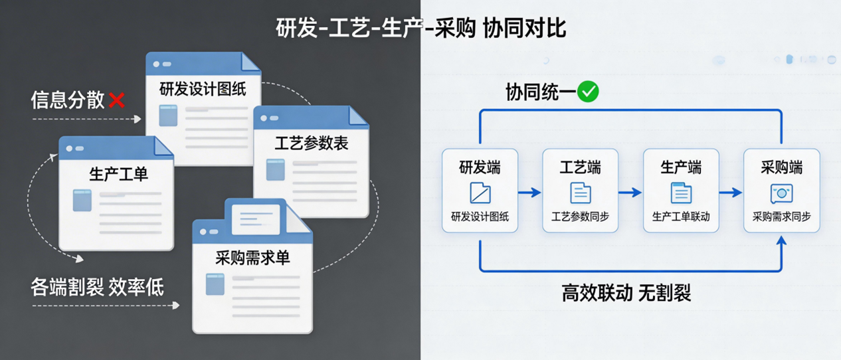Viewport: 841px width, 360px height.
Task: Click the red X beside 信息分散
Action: click(x=117, y=100)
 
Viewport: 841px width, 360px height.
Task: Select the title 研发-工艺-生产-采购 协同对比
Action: click(x=420, y=29)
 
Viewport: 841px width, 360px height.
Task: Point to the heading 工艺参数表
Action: click(x=311, y=143)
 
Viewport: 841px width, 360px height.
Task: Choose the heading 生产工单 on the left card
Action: click(x=118, y=174)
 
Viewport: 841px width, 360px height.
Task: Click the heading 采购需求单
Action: click(x=252, y=258)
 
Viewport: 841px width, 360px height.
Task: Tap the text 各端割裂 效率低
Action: click(x=97, y=288)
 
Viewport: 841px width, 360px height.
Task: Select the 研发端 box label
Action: click(x=480, y=167)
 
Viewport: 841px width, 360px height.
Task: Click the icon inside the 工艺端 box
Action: click(x=580, y=193)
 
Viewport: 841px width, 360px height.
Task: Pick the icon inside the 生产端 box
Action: click(x=681, y=193)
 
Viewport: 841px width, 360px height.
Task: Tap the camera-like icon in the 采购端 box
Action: click(x=781, y=193)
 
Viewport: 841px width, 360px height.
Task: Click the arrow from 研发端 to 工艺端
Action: click(x=529, y=193)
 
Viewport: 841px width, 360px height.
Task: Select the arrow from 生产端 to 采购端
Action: click(x=731, y=193)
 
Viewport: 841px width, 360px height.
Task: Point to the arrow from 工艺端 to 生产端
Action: click(x=630, y=193)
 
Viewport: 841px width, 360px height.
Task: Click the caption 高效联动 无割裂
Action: click(x=626, y=293)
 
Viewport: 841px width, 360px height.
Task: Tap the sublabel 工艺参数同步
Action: click(x=580, y=217)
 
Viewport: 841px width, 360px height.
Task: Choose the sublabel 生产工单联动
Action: click(x=681, y=217)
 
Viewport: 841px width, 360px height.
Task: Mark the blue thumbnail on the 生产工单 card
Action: click(x=82, y=200)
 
